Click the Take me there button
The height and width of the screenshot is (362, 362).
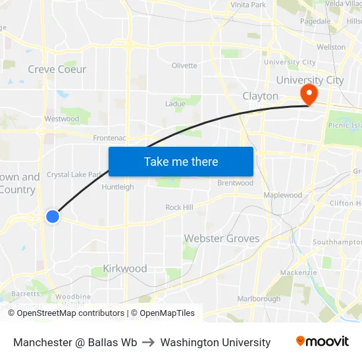(181, 161)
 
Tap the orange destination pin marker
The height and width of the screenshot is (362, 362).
(308, 94)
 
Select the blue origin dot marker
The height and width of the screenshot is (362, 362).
(53, 216)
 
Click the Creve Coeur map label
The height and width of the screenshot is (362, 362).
(57, 69)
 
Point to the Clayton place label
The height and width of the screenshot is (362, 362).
(261, 96)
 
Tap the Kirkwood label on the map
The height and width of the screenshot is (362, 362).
(125, 269)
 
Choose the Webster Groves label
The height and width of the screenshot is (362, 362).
(222, 238)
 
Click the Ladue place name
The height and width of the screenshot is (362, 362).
(175, 104)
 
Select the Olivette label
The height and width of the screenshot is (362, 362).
(184, 65)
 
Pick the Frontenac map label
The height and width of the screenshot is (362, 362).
(109, 138)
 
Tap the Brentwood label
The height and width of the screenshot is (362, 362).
(235, 183)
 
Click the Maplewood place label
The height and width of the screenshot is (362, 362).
(282, 195)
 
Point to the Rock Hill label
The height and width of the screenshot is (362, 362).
(179, 207)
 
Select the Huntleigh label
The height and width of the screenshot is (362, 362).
(118, 187)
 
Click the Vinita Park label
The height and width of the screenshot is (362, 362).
(248, 5)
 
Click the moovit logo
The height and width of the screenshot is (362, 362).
(323, 342)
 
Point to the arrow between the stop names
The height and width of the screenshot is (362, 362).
(149, 342)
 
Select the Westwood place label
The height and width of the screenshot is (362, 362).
(61, 119)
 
